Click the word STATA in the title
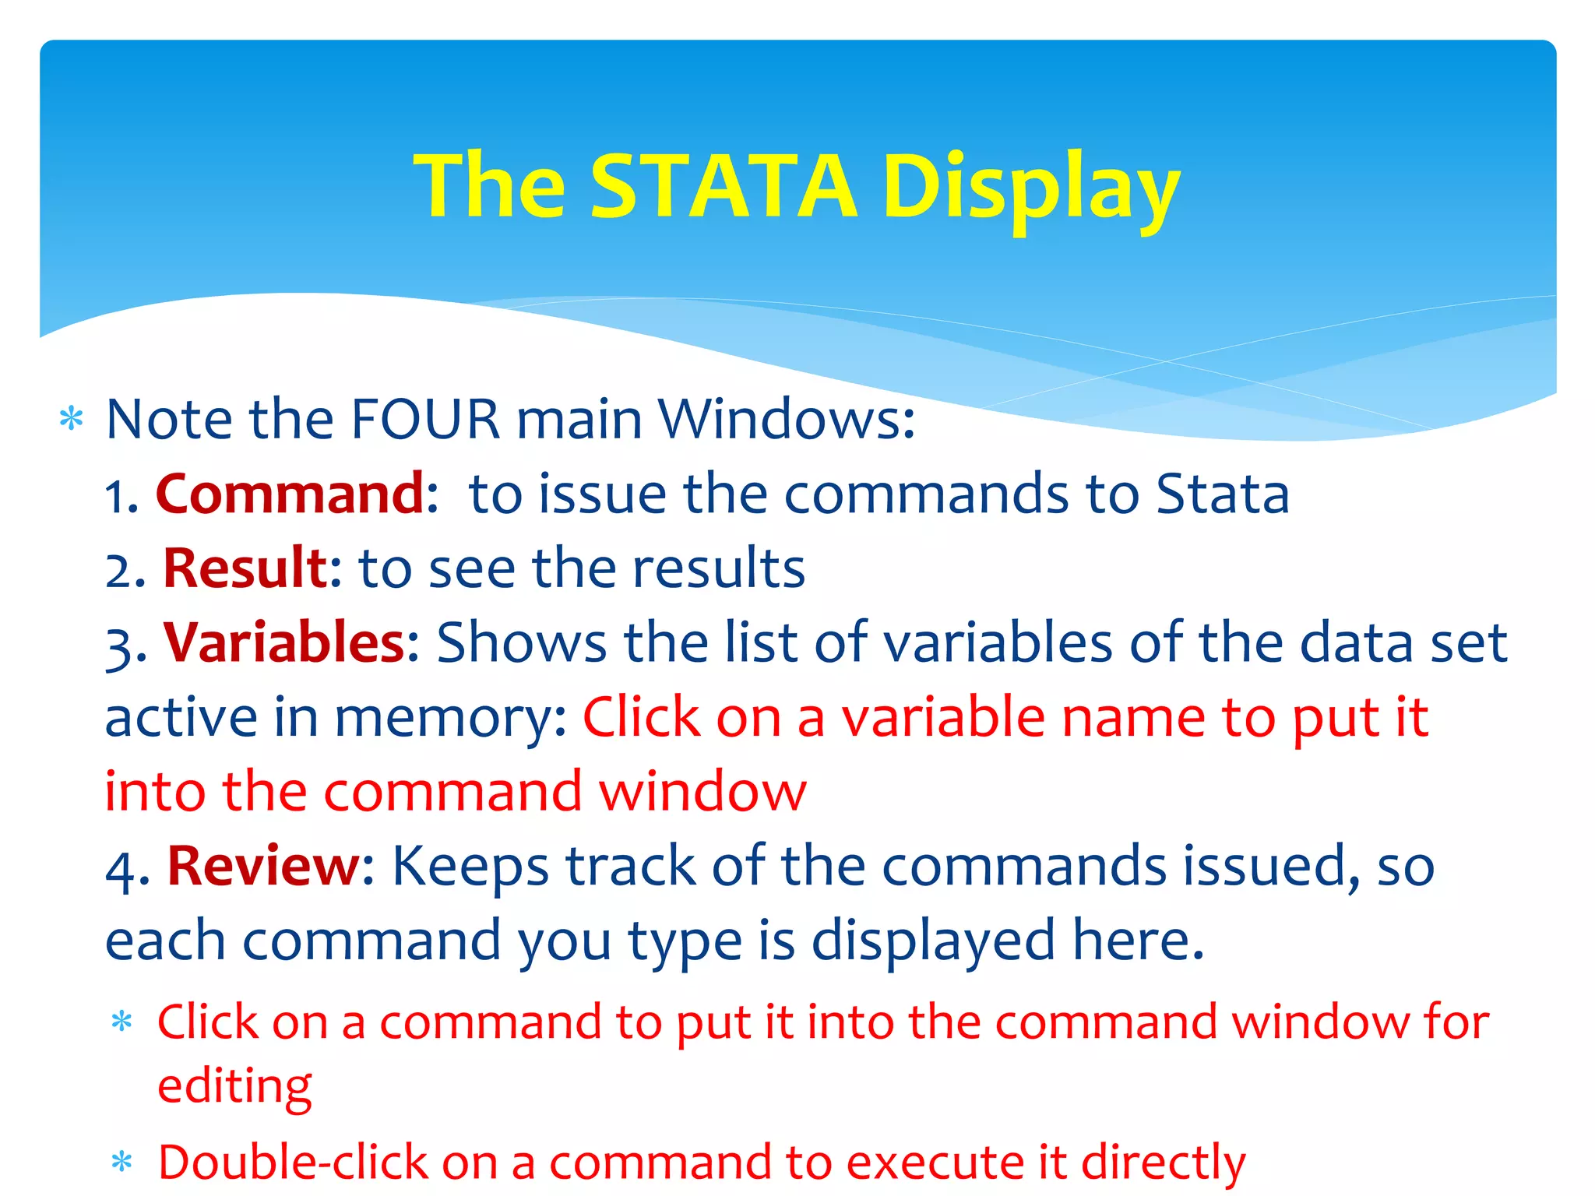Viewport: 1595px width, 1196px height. point(724,186)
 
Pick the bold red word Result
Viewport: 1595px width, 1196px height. point(246,568)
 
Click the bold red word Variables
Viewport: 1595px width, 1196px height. point(284,643)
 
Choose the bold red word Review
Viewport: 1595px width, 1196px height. point(264,866)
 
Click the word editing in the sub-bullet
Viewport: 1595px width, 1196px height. point(234,1086)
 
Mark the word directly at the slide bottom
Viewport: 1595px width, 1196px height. point(1163,1163)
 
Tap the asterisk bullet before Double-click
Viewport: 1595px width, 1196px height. point(121,1163)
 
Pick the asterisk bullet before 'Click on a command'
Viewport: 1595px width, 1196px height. point(121,1021)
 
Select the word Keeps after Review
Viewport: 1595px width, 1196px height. point(470,866)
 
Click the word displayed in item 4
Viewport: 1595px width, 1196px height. point(932,941)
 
